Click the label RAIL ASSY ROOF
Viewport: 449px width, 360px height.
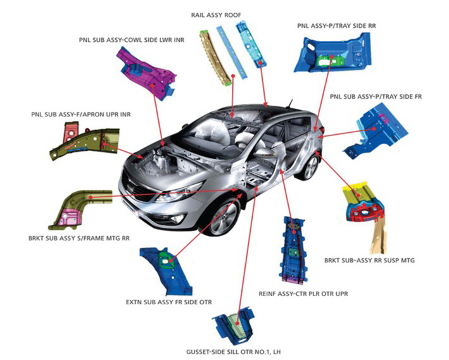(216, 15)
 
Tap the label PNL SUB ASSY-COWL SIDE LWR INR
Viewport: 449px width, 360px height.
(132, 40)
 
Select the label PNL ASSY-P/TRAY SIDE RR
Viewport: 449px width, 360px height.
(336, 26)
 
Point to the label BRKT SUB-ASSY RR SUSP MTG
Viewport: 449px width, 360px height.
(369, 261)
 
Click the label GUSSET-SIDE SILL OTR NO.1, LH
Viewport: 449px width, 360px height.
(234, 352)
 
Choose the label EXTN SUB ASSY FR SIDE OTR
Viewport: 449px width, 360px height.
(169, 302)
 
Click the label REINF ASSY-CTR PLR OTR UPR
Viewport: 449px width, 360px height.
(303, 294)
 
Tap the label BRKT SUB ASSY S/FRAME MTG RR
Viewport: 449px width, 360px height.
(79, 238)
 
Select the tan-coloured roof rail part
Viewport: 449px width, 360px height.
(215, 57)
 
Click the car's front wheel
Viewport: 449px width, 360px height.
(224, 218)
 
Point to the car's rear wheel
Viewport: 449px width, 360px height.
(310, 167)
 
